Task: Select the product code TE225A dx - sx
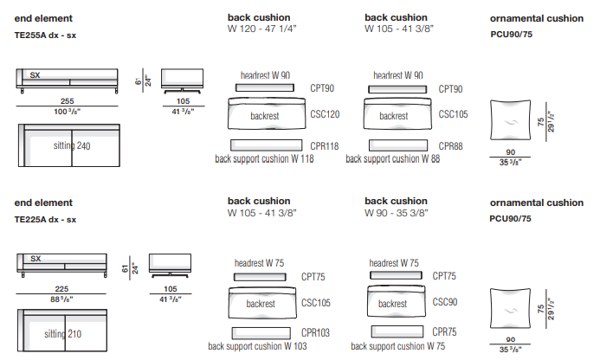(x=46, y=219)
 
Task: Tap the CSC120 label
(x=325, y=114)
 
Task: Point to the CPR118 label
(x=325, y=145)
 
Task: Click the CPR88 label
(x=450, y=145)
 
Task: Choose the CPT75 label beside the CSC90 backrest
(x=444, y=276)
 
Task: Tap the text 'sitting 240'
(x=71, y=145)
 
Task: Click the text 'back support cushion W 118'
(x=264, y=159)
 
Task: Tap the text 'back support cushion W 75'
(x=394, y=346)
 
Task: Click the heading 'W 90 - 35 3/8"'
(x=396, y=212)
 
